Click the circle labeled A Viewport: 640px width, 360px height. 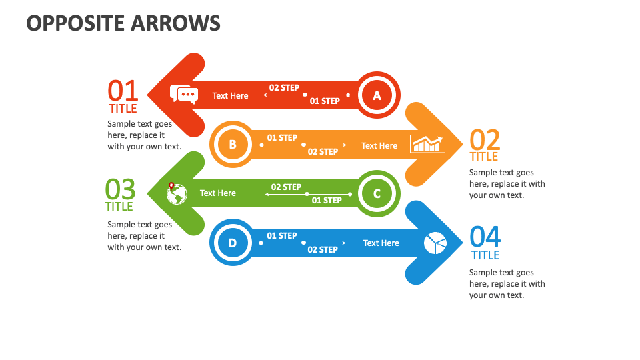[x=377, y=95]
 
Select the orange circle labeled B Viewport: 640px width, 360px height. [x=232, y=144]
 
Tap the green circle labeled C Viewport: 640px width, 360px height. [x=377, y=193]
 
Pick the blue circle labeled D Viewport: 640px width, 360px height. [x=232, y=243]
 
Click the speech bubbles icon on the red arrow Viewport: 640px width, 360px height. [x=184, y=95]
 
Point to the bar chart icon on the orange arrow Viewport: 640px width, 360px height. [x=427, y=144]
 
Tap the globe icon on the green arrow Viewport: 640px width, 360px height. [x=177, y=193]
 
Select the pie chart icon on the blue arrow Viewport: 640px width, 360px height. [x=435, y=243]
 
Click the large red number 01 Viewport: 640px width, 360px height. [x=123, y=91]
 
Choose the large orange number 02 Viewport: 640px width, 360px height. [x=485, y=140]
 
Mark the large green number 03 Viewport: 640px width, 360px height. [x=120, y=189]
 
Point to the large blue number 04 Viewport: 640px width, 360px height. [x=485, y=237]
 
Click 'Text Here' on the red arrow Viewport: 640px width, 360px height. [x=230, y=96]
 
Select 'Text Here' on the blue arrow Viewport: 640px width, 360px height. [x=381, y=243]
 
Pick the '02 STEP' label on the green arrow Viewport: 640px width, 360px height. [x=286, y=187]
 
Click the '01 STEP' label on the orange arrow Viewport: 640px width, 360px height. [x=282, y=138]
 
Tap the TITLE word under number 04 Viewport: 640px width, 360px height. [x=485, y=255]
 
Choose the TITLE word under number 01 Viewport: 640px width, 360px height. [x=123, y=109]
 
